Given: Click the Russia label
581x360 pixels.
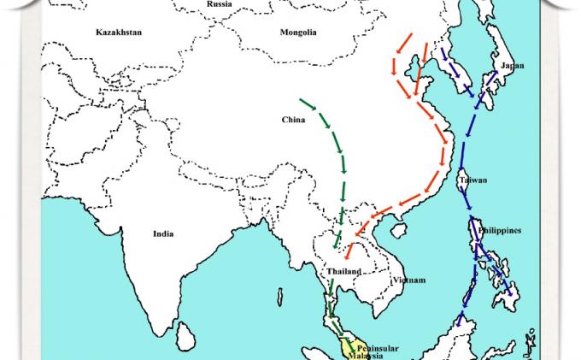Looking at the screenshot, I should coord(220,4).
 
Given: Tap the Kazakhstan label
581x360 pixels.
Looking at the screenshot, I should coord(119,32).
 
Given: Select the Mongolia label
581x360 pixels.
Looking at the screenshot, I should coord(298,32).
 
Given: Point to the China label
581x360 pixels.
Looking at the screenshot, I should coord(293,120).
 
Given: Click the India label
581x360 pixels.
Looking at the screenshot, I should coord(163,233).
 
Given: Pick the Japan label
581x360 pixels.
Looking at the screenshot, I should coord(513,66).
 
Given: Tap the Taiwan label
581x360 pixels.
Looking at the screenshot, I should coord(472,180).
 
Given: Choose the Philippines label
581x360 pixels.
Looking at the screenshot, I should coord(499,231).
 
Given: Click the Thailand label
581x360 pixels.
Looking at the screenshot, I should coord(343,272).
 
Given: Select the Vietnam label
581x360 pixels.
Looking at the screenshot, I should coord(408,280).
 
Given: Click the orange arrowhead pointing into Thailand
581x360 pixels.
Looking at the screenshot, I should coord(348,254).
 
